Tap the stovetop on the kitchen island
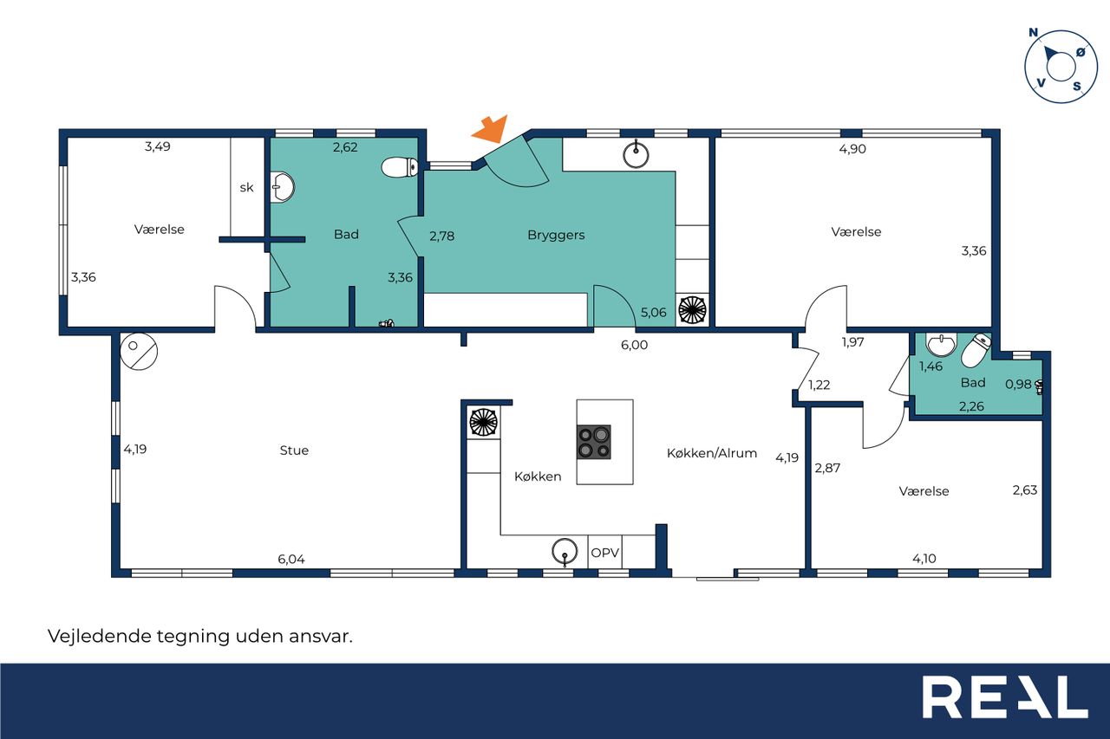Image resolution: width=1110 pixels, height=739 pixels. point(594,442)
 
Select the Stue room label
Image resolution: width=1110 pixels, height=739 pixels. point(294,451)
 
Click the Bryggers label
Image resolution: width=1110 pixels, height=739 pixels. point(556,235)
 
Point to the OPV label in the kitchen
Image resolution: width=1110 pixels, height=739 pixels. point(605,553)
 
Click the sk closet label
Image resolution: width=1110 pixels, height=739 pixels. point(246,188)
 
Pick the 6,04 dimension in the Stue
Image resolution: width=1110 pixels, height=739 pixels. point(291,560)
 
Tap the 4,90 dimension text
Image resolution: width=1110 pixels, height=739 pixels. point(852,149)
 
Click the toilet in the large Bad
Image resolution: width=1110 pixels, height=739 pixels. point(400,167)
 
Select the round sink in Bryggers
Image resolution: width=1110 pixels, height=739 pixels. point(636,155)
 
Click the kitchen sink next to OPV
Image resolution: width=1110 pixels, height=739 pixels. point(565,551)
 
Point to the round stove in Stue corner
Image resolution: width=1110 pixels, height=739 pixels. point(139,352)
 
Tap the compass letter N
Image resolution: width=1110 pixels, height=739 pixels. point(1033,33)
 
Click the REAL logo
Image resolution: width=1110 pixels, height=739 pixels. point(1005,697)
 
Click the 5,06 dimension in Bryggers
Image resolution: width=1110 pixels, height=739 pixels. point(653,313)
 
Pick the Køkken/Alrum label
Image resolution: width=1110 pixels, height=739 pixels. point(712,453)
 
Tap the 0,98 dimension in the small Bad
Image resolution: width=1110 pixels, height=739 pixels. point(1018,384)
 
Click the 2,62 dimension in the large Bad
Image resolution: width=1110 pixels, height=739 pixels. point(345,147)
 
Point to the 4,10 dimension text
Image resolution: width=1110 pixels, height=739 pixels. point(924,559)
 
